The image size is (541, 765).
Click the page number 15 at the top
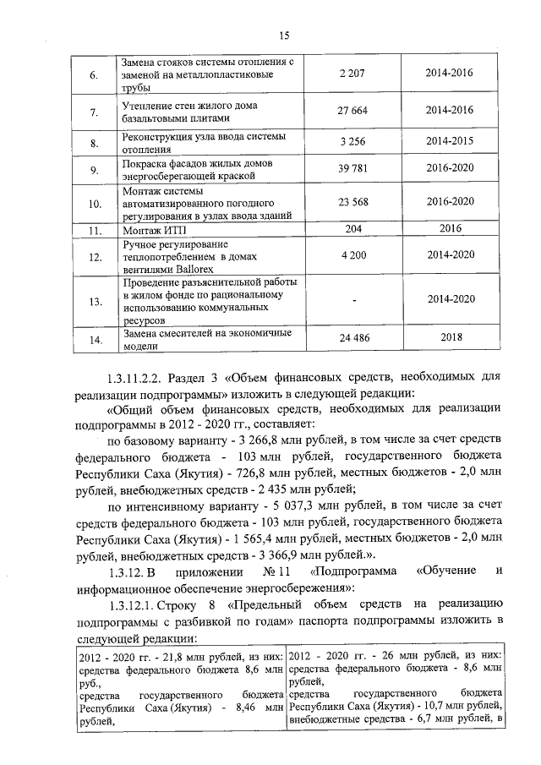(x=284, y=35)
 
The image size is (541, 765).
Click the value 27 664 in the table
(x=348, y=111)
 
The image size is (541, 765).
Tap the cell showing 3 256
(x=348, y=140)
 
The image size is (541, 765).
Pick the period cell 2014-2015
(x=450, y=140)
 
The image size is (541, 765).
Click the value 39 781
(x=348, y=168)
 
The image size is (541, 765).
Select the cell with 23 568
(x=348, y=203)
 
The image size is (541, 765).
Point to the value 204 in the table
(x=348, y=228)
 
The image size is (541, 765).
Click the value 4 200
(x=348, y=254)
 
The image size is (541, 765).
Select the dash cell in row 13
(x=348, y=300)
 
